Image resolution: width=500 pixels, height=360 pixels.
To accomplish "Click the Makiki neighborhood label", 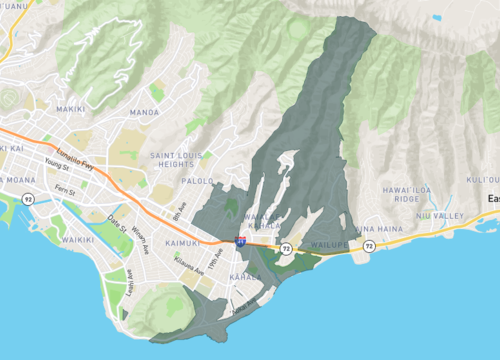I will click(x=70, y=108).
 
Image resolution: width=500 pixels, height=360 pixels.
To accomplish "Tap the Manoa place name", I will click(x=145, y=113).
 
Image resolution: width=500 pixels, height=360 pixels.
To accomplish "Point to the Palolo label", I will click(x=197, y=182).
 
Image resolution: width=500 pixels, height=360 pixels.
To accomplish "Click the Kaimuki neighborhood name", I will click(x=155, y=243).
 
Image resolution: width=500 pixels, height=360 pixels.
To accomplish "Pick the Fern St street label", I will click(x=66, y=188).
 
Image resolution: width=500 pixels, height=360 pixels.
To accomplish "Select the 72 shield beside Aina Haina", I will click(x=369, y=245).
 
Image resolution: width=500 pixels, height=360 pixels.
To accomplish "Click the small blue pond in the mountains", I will click(x=436, y=17).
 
